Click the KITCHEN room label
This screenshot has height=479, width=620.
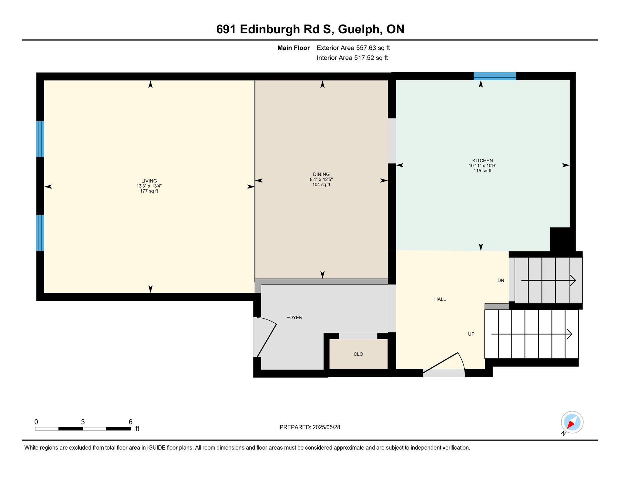(482, 160)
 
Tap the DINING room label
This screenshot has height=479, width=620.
(321, 174)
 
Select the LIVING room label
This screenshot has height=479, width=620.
(149, 181)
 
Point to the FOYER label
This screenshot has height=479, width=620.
(294, 318)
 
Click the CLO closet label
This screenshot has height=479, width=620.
(358, 354)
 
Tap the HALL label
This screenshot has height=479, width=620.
(440, 299)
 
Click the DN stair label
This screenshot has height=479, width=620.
(501, 280)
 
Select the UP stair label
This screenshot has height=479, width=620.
(471, 334)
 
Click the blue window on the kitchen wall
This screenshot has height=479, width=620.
(495, 76)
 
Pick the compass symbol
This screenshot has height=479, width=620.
(572, 423)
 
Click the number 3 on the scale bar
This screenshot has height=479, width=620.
(83, 422)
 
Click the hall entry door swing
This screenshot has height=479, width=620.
(444, 363)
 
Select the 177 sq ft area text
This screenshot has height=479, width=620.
(149, 191)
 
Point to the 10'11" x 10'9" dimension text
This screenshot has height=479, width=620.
(482, 166)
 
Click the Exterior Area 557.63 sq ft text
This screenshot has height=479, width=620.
(353, 48)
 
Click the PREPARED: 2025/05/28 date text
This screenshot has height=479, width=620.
(310, 427)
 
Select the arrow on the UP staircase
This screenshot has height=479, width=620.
(532, 334)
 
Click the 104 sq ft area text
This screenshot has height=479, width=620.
(321, 185)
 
